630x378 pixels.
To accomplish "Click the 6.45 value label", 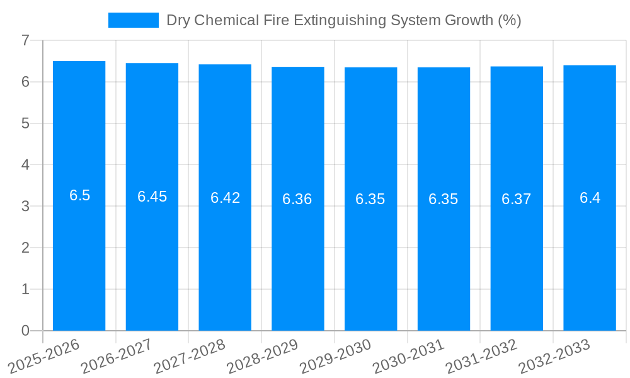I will (152, 197).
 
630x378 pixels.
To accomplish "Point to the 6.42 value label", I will (225, 198).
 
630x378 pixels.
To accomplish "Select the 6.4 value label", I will (590, 198).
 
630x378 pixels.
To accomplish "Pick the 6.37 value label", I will (517, 199).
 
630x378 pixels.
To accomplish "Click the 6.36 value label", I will (297, 199).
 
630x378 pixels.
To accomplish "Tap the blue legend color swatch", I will (134, 20).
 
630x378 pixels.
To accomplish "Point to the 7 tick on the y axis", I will (25, 40).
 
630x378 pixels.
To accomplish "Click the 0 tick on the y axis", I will (25, 331).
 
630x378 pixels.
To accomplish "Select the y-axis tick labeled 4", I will (25, 165).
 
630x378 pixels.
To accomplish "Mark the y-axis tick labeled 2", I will (25, 248).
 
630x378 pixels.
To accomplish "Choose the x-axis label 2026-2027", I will (117, 357).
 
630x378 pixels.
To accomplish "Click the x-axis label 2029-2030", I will (335, 357).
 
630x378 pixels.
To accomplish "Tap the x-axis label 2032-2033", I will (554, 357).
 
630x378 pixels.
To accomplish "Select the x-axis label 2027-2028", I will (190, 357).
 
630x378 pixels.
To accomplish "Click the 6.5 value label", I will (80, 195).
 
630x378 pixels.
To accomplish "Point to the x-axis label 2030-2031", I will (408, 357).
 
